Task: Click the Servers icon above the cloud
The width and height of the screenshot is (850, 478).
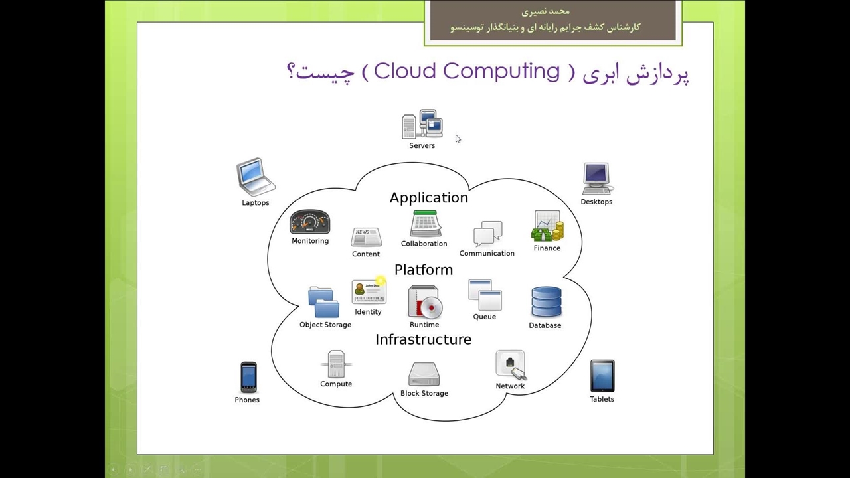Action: click(422, 124)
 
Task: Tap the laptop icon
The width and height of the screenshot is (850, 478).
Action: click(256, 177)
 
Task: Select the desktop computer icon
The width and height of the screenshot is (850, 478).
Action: click(597, 179)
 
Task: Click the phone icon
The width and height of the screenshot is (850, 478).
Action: click(248, 378)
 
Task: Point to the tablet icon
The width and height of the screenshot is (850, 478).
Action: click(602, 376)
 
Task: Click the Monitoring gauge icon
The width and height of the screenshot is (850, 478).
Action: click(310, 222)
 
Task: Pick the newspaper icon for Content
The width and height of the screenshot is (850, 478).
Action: click(366, 237)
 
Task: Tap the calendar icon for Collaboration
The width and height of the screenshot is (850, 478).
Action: click(425, 224)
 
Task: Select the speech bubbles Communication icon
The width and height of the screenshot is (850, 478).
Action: click(488, 233)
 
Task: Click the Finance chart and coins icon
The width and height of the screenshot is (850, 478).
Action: click(548, 226)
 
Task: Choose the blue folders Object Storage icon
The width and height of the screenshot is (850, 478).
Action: click(323, 302)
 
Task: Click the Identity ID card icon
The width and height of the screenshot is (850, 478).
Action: click(369, 291)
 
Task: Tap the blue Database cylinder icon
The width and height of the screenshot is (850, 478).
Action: click(547, 302)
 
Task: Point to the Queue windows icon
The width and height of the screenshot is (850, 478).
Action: click(485, 295)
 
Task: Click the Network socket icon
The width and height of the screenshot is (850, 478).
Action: click(511, 365)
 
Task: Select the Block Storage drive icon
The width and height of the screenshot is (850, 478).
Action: click(424, 375)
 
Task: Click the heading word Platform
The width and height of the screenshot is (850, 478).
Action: click(424, 270)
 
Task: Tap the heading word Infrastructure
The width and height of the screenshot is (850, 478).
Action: click(424, 339)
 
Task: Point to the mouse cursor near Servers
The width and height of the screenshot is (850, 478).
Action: click(458, 139)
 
